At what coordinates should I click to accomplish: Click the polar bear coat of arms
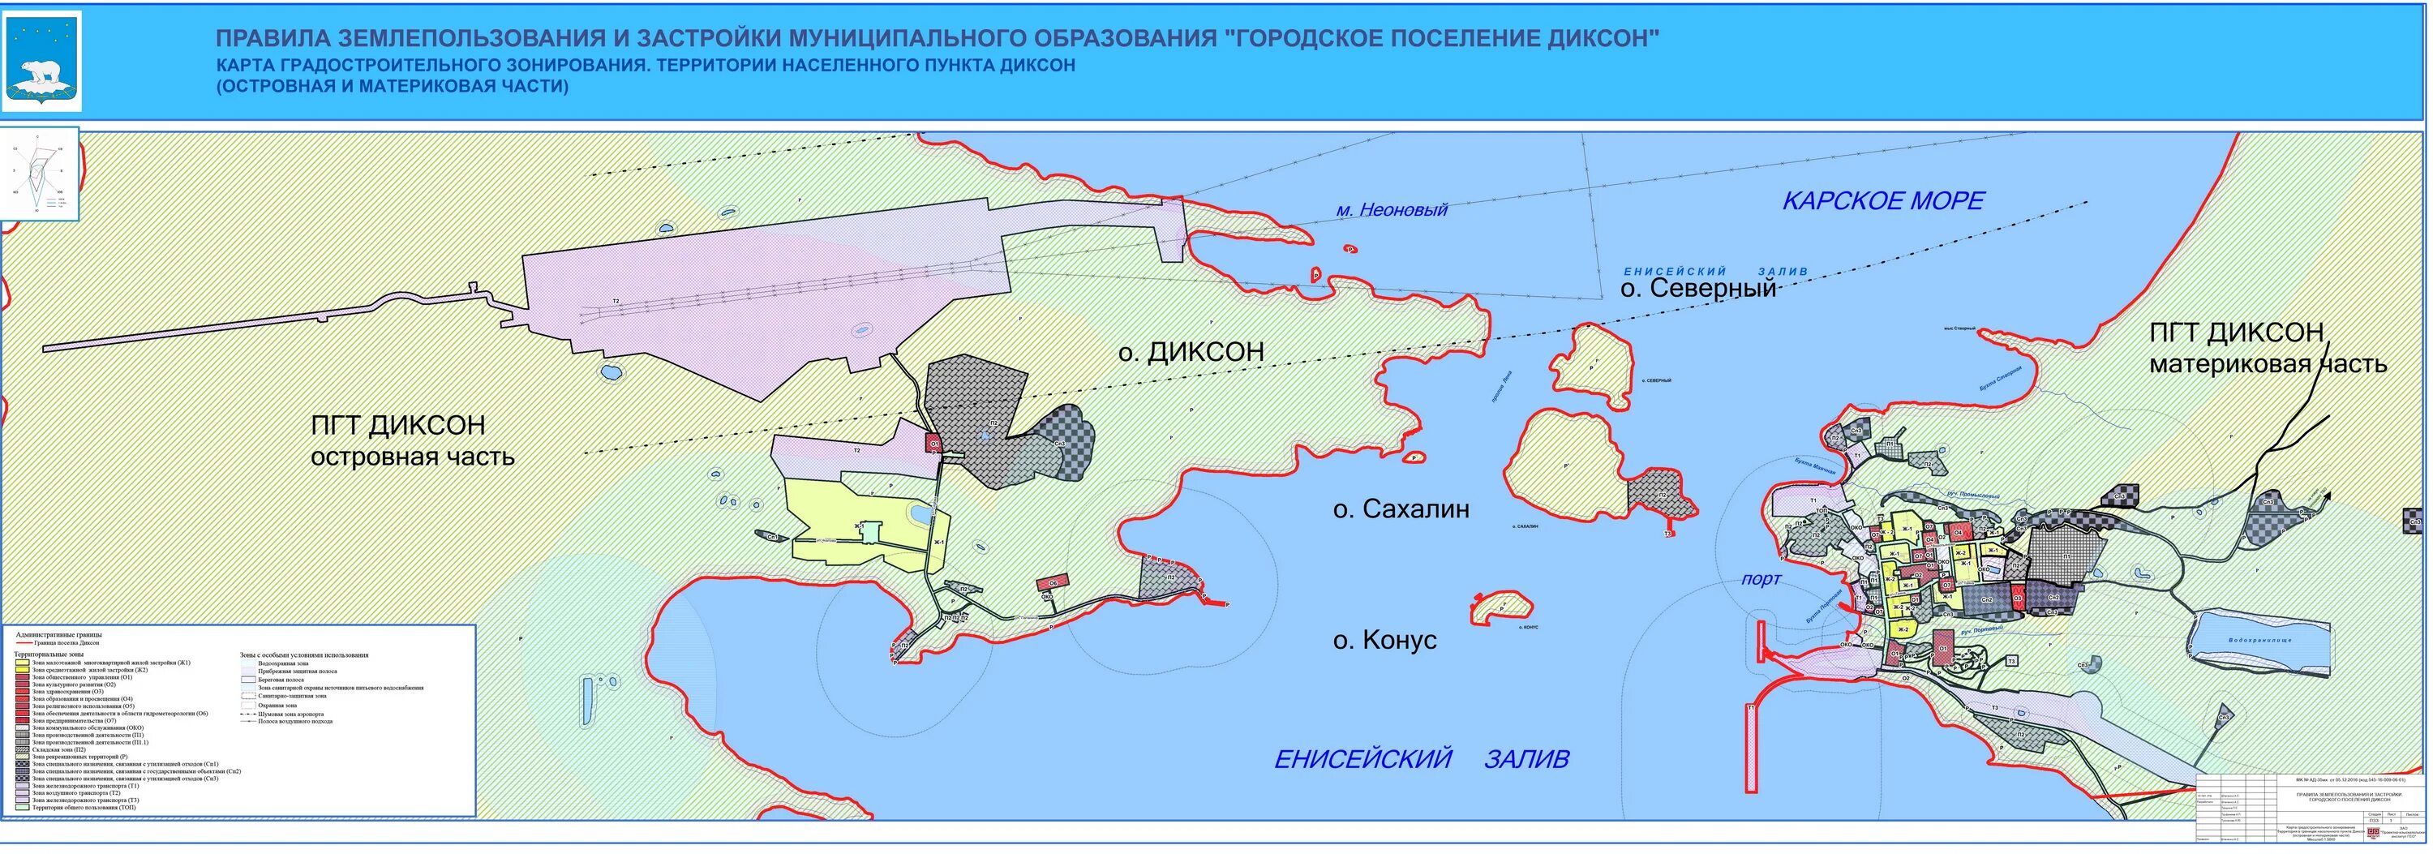44,62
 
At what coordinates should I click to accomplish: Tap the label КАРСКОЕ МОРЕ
1882,201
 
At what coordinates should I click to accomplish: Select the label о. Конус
1384,641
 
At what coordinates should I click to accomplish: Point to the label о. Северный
1698,289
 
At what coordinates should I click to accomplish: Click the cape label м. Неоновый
1390,211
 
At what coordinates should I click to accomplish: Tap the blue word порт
1761,579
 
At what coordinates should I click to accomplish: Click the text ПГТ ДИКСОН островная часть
412,441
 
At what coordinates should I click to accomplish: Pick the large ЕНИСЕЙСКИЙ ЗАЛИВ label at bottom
1422,758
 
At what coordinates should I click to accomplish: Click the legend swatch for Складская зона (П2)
22,750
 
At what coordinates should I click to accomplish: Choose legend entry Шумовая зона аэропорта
290,715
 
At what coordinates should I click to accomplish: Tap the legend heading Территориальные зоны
50,654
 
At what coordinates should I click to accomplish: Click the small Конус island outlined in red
1501,607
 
